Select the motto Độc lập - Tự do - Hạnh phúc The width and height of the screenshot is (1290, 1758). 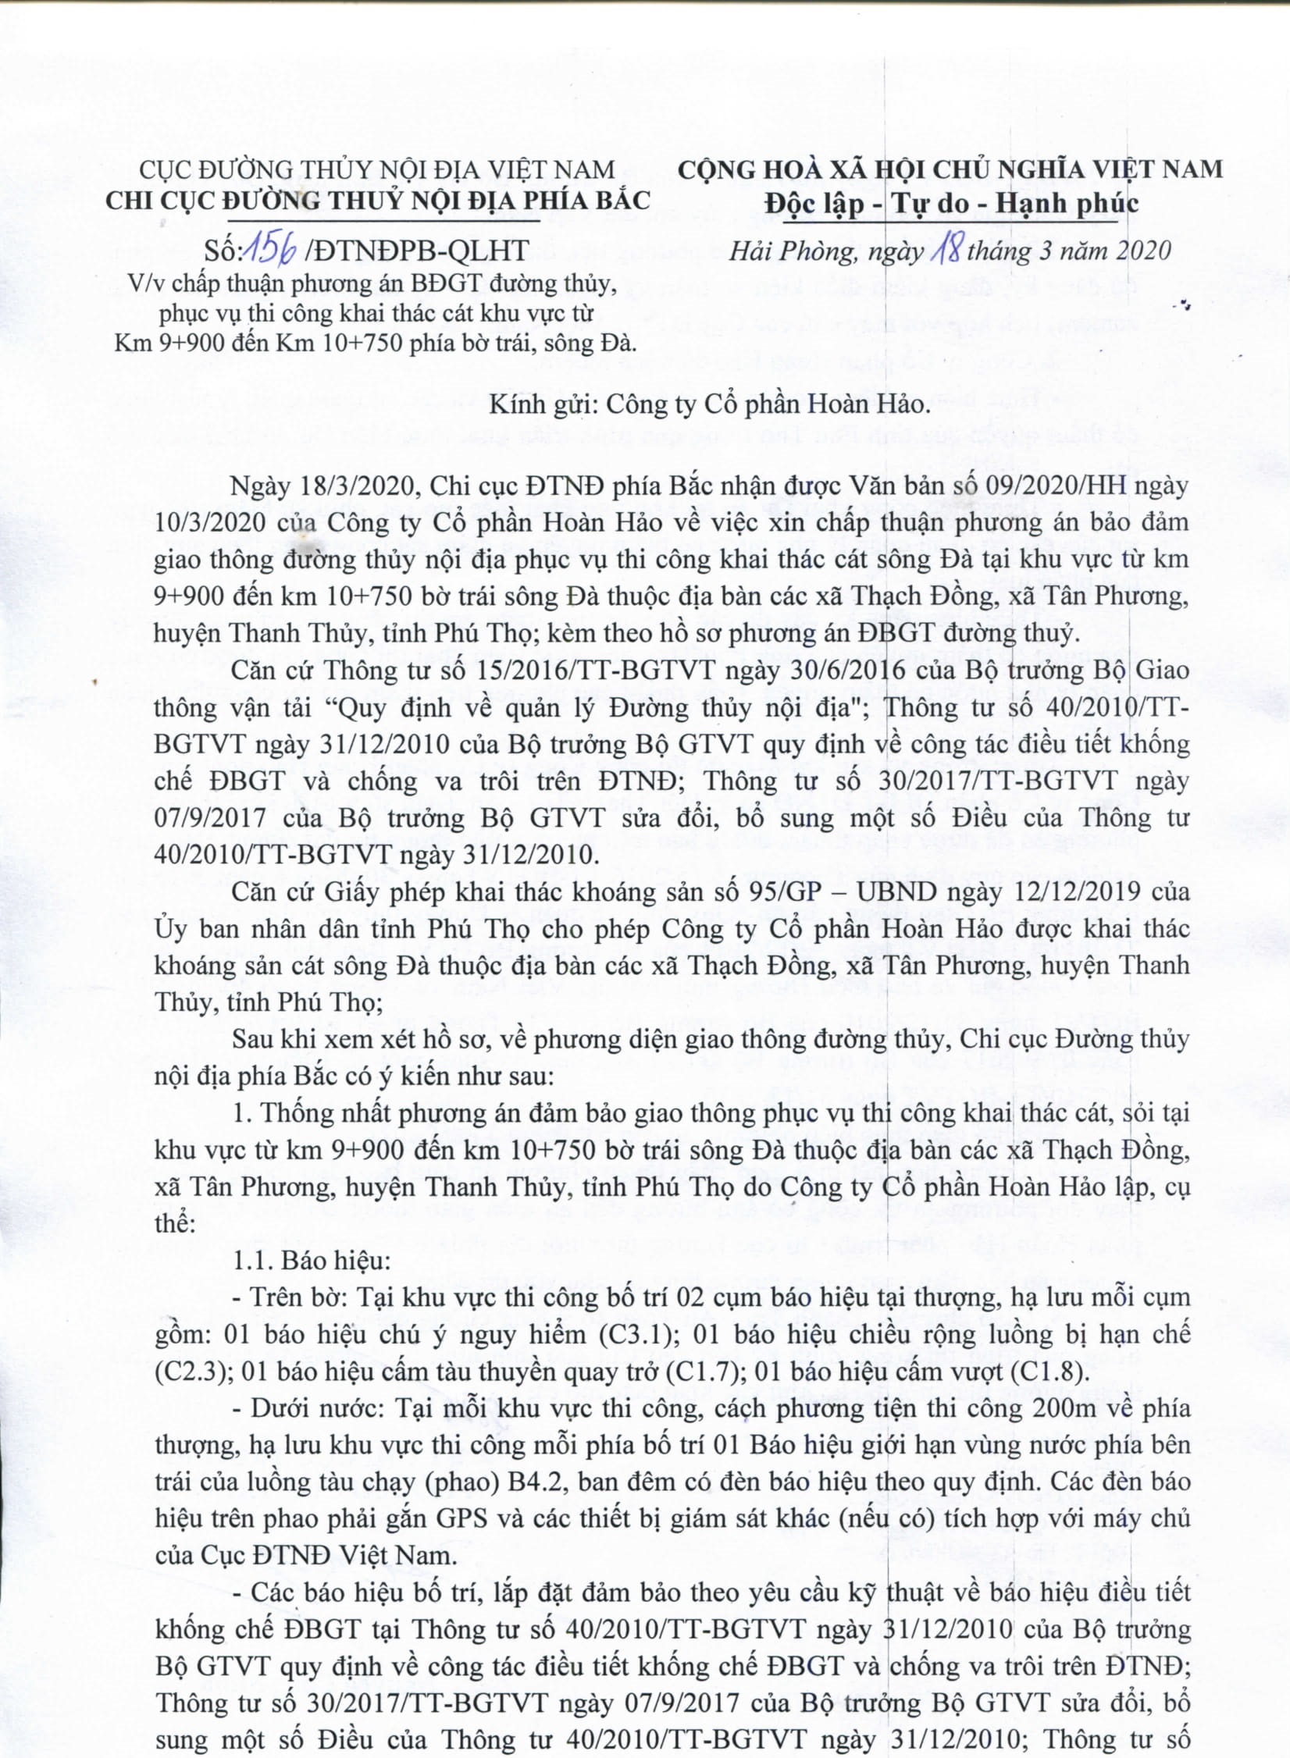click(x=951, y=204)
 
